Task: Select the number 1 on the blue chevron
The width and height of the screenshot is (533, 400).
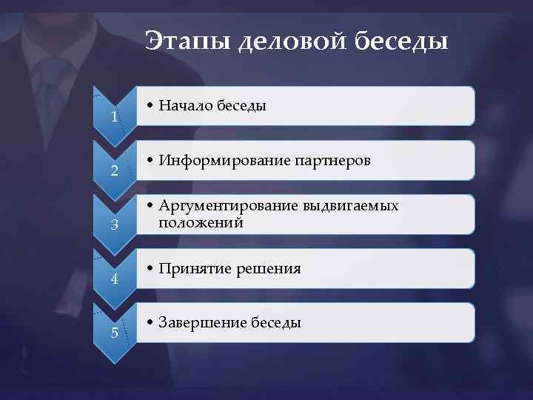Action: [x=114, y=117]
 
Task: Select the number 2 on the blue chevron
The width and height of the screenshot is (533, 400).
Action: [x=114, y=172]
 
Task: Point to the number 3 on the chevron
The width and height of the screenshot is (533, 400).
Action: [x=114, y=225]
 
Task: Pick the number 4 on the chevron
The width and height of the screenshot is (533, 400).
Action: [x=114, y=279]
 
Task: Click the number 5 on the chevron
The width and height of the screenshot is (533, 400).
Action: [x=114, y=332]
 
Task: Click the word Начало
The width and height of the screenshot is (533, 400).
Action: [x=185, y=106]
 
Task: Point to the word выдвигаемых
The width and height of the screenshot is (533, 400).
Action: [x=350, y=207]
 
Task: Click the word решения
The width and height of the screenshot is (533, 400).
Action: [x=269, y=269]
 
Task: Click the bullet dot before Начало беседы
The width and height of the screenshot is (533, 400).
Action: [x=150, y=107]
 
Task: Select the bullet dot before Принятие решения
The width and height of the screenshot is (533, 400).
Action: [x=150, y=269]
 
